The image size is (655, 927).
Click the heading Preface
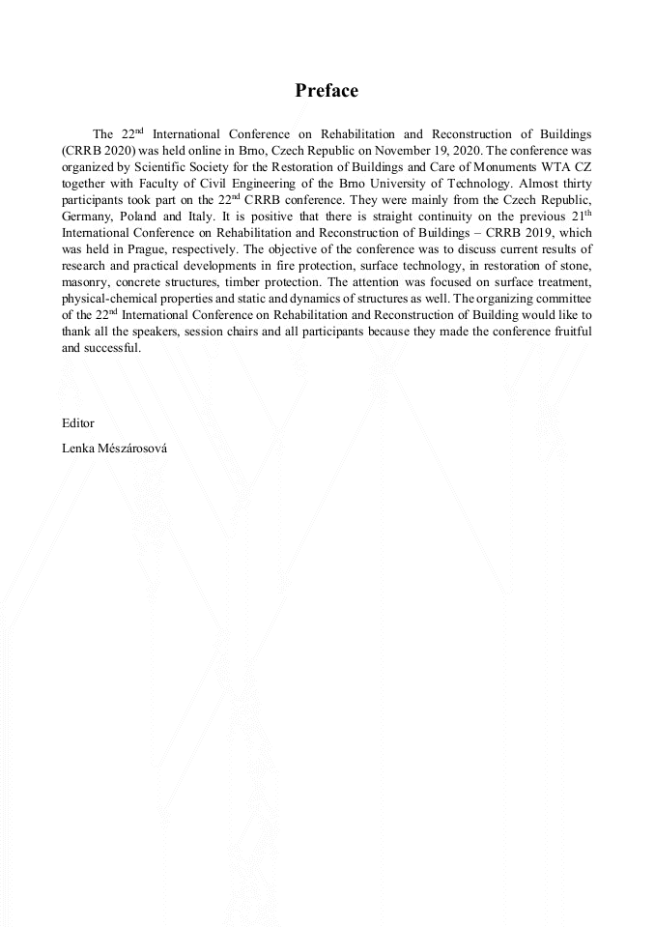point(327,91)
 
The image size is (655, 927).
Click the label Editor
point(78,423)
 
